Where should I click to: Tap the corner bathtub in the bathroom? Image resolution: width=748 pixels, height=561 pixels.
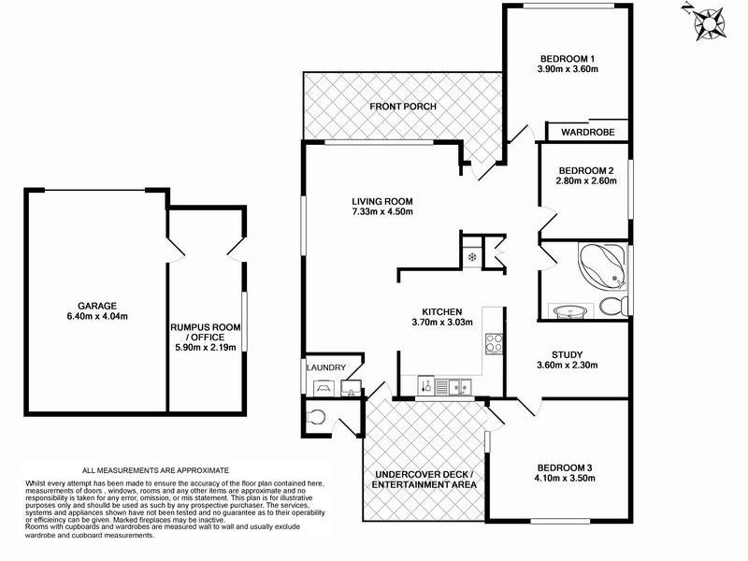tap(601, 266)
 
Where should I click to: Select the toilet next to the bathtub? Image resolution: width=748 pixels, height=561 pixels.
tap(614, 306)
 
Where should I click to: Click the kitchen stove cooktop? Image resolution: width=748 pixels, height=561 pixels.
tap(494, 343)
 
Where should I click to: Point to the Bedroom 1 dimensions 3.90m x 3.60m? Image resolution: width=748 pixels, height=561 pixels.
tap(568, 68)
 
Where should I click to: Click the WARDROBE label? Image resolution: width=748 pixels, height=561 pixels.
tap(588, 132)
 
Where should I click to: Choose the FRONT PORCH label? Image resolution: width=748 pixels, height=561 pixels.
tap(403, 107)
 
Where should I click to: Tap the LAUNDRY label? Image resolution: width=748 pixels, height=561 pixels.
tap(325, 367)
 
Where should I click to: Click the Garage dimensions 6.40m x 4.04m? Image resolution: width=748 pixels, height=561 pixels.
tap(97, 316)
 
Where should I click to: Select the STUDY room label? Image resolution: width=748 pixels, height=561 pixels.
tap(568, 355)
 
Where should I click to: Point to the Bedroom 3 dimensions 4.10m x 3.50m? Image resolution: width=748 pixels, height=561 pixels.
tap(565, 478)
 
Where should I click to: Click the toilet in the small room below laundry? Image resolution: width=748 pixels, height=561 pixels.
tap(316, 417)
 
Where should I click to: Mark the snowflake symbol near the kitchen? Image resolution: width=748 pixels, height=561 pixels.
tap(472, 258)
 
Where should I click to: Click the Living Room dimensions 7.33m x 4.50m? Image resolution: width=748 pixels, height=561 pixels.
tap(382, 211)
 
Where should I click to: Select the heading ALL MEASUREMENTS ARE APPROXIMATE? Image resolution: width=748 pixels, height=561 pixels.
tap(155, 470)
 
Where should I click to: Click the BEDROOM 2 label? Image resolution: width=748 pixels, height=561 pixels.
tap(586, 171)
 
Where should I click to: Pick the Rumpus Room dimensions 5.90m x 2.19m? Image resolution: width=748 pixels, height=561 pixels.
tap(206, 347)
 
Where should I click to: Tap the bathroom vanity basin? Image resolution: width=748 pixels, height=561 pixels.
tap(570, 312)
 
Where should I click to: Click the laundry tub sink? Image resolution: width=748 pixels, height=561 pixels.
tap(352, 387)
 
